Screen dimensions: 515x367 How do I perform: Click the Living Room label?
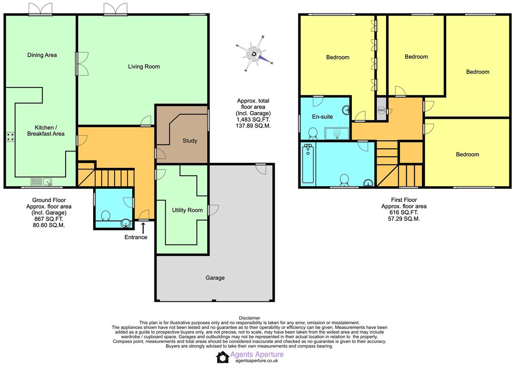144,67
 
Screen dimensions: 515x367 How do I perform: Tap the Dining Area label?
42,55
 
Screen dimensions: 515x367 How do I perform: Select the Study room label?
190,140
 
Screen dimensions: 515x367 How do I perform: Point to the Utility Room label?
188,210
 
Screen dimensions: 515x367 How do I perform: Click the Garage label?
215,278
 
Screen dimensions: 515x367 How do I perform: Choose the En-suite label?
322,117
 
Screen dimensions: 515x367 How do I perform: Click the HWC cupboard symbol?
382,110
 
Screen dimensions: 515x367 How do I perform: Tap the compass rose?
254,54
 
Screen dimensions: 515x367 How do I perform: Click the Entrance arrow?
143,228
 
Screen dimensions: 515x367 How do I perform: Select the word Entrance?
136,237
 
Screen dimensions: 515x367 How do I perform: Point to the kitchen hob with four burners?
10,136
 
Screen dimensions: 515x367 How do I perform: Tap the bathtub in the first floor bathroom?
308,163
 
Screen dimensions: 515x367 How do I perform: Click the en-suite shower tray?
337,133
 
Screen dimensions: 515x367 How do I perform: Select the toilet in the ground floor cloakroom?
106,216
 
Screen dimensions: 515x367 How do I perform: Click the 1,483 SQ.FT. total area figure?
253,120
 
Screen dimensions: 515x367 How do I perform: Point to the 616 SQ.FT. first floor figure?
404,212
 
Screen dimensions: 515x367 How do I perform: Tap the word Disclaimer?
249,318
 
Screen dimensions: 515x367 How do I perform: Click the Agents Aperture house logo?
222,357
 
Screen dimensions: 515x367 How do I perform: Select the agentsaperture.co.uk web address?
257,361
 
